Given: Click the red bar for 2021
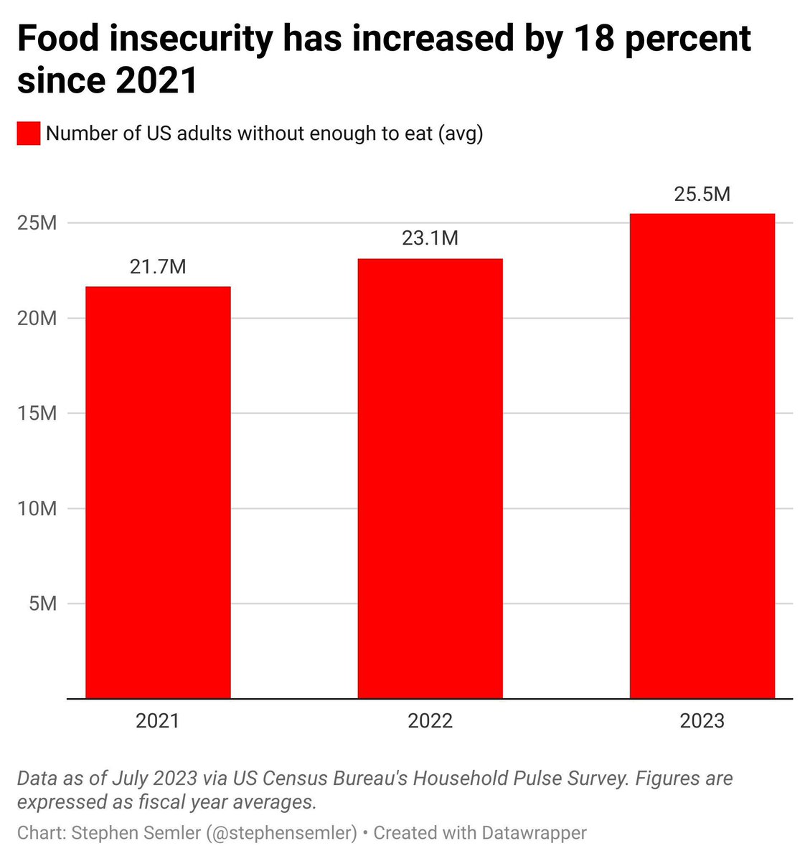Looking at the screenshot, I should pyautogui.click(x=158, y=492).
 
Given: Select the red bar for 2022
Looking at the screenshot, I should pyautogui.click(x=430, y=478).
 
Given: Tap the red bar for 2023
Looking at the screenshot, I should pyautogui.click(x=702, y=456).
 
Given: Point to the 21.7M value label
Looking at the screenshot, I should pyautogui.click(x=158, y=267).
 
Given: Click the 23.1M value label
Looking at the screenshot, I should pyautogui.click(x=430, y=238).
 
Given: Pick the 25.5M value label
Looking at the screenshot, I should pyautogui.click(x=702, y=194).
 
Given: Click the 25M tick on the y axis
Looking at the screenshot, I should pyautogui.click(x=37, y=223).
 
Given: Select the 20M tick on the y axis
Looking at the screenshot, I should pyautogui.click(x=37, y=318).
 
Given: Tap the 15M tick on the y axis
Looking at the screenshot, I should pyautogui.click(x=37, y=413).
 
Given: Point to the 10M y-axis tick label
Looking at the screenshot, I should pyautogui.click(x=37, y=509).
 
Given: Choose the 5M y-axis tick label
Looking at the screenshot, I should pyautogui.click(x=43, y=603).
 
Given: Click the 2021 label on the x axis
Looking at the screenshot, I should pyautogui.click(x=158, y=720).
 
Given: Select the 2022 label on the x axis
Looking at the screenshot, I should pyautogui.click(x=430, y=720).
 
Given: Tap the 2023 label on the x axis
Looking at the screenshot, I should pyautogui.click(x=702, y=720).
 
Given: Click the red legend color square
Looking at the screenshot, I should pyautogui.click(x=29, y=133).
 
